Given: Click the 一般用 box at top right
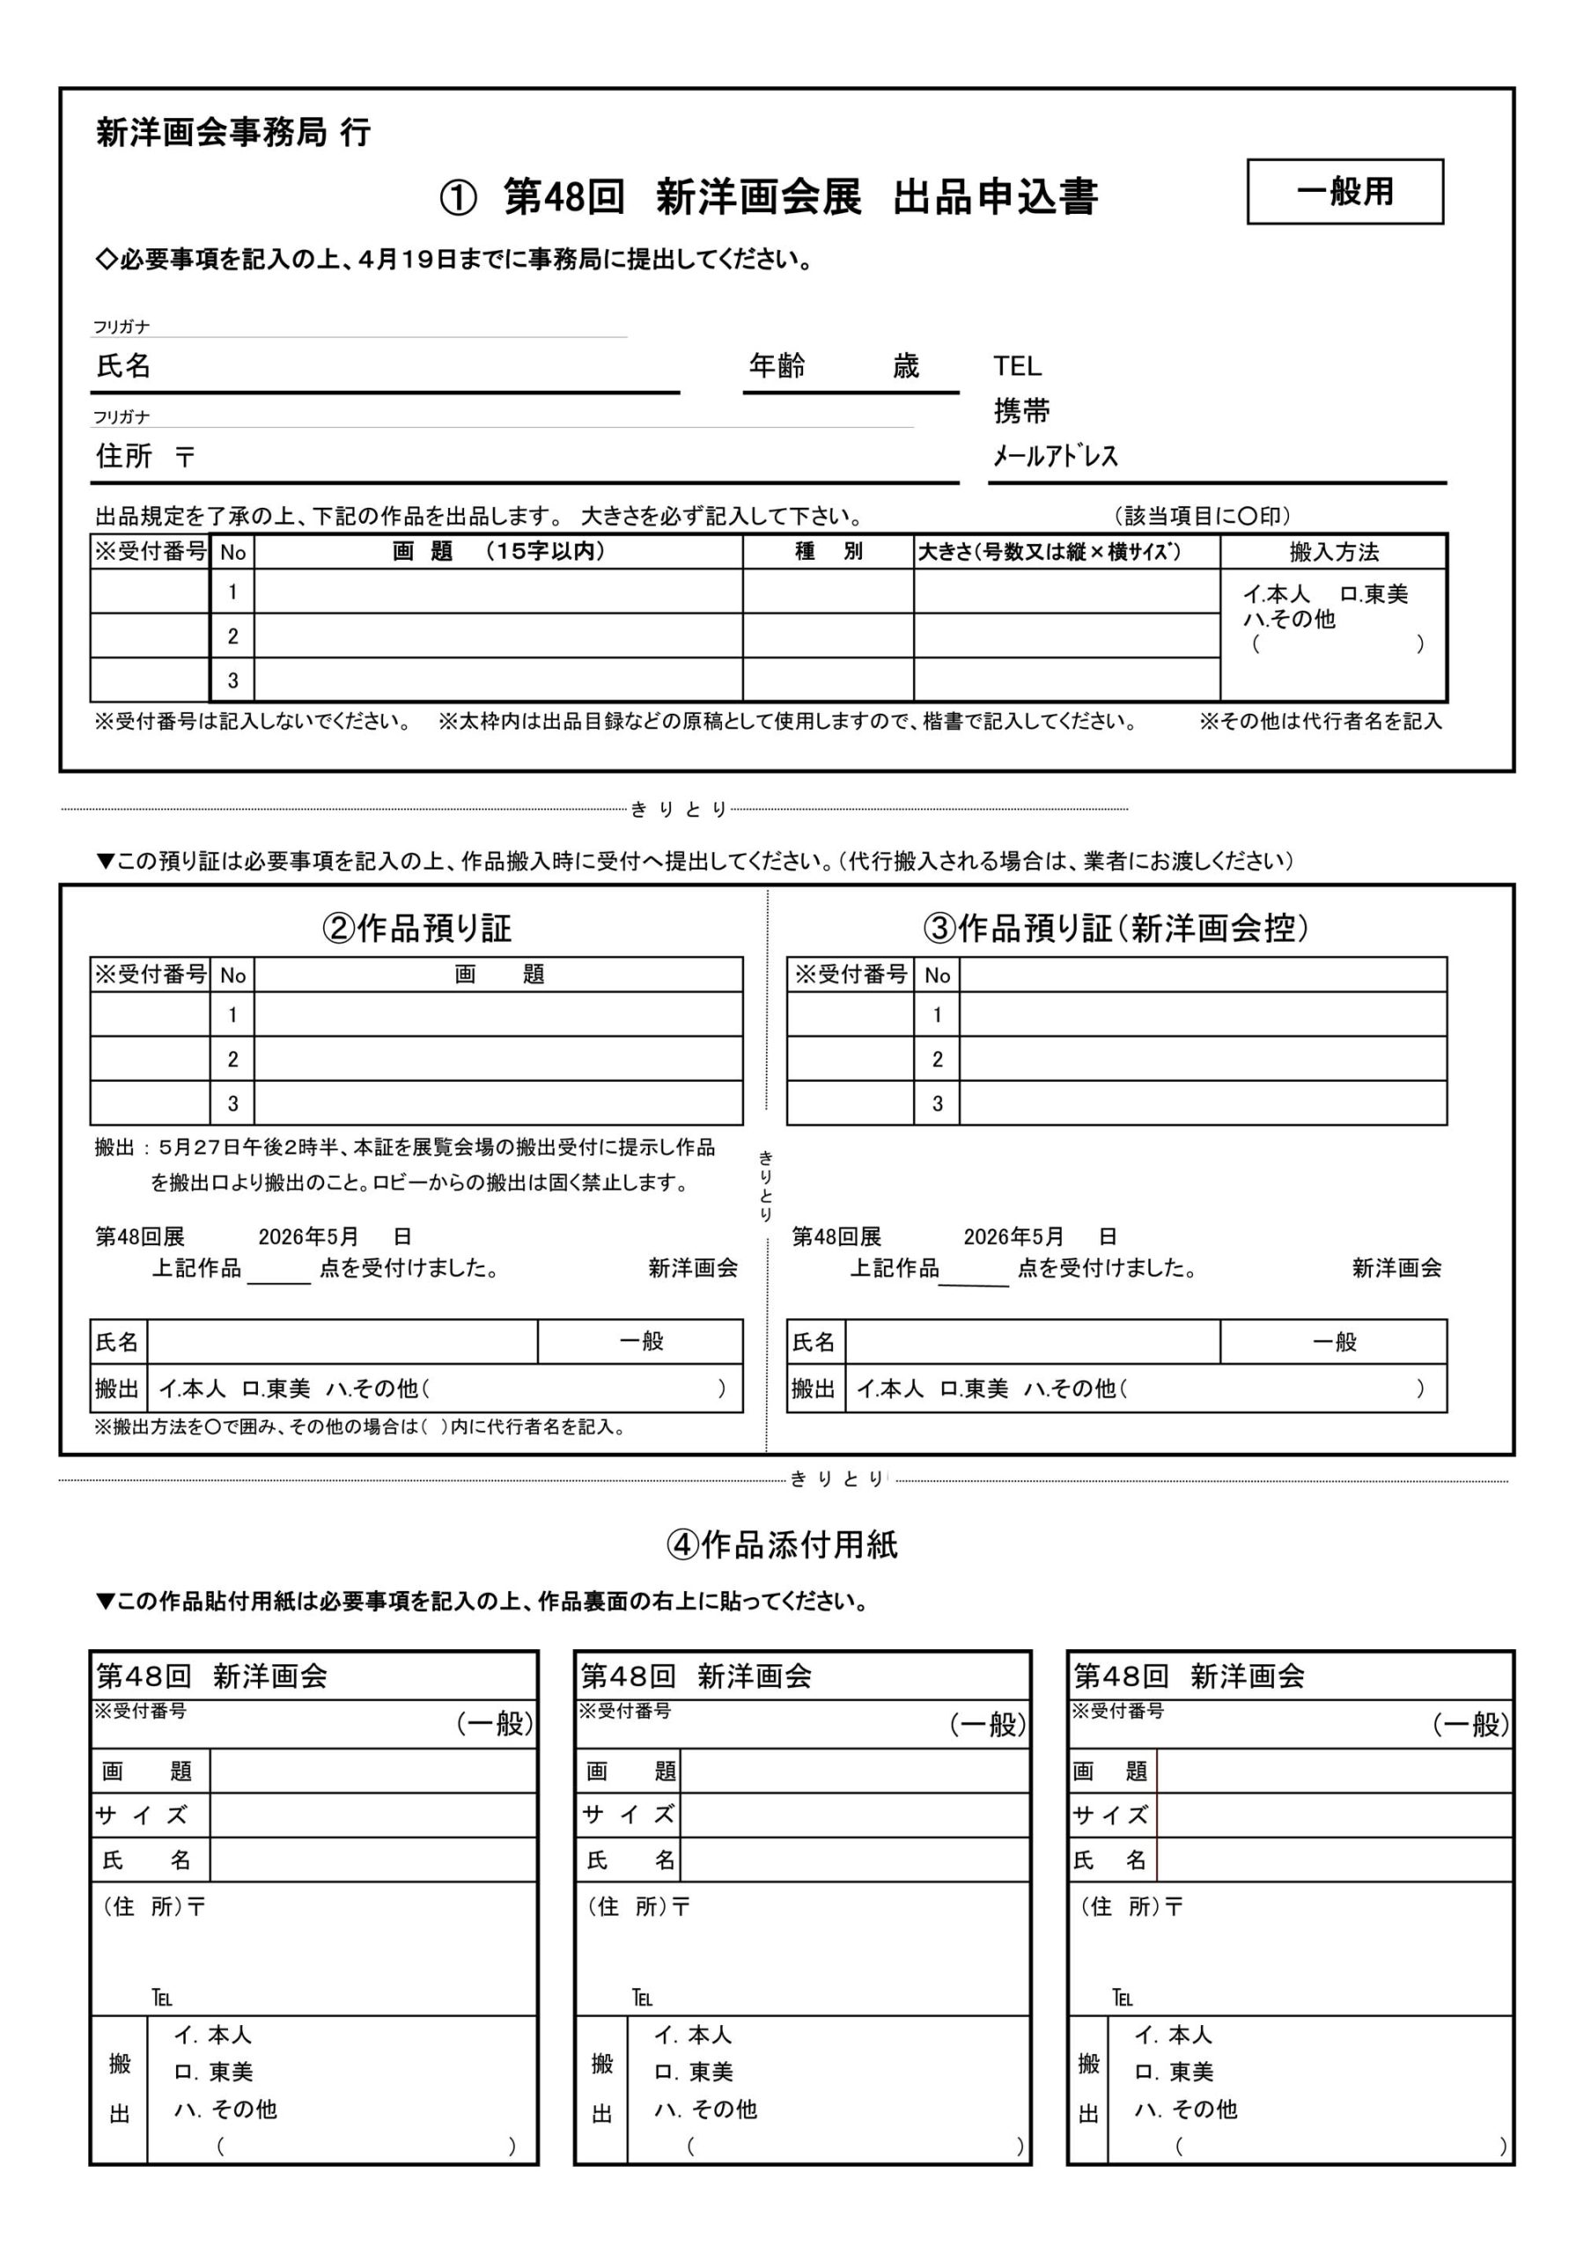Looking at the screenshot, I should (x=1344, y=191).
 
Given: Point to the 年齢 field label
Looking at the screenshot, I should (x=777, y=366).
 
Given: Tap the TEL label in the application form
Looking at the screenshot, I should (x=1017, y=366).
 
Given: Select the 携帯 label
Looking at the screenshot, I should (x=1021, y=411).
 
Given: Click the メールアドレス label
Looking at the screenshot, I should (x=1055, y=456).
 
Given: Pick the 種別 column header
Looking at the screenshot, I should (x=828, y=552).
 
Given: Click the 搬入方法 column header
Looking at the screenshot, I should (x=1333, y=552).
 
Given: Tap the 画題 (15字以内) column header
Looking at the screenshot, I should (x=497, y=552).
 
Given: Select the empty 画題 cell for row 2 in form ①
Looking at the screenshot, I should (x=497, y=636).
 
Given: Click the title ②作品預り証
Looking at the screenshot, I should (x=416, y=928).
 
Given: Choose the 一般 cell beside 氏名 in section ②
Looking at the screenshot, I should (x=640, y=1341).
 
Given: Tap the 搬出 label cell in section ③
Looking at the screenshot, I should (x=815, y=1389).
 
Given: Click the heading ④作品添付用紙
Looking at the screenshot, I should (x=781, y=1545).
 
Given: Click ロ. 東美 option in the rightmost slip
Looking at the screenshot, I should (x=1174, y=2072).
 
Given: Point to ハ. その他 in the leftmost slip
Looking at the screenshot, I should (x=225, y=2109).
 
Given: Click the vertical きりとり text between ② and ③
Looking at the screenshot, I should (x=766, y=1186).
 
